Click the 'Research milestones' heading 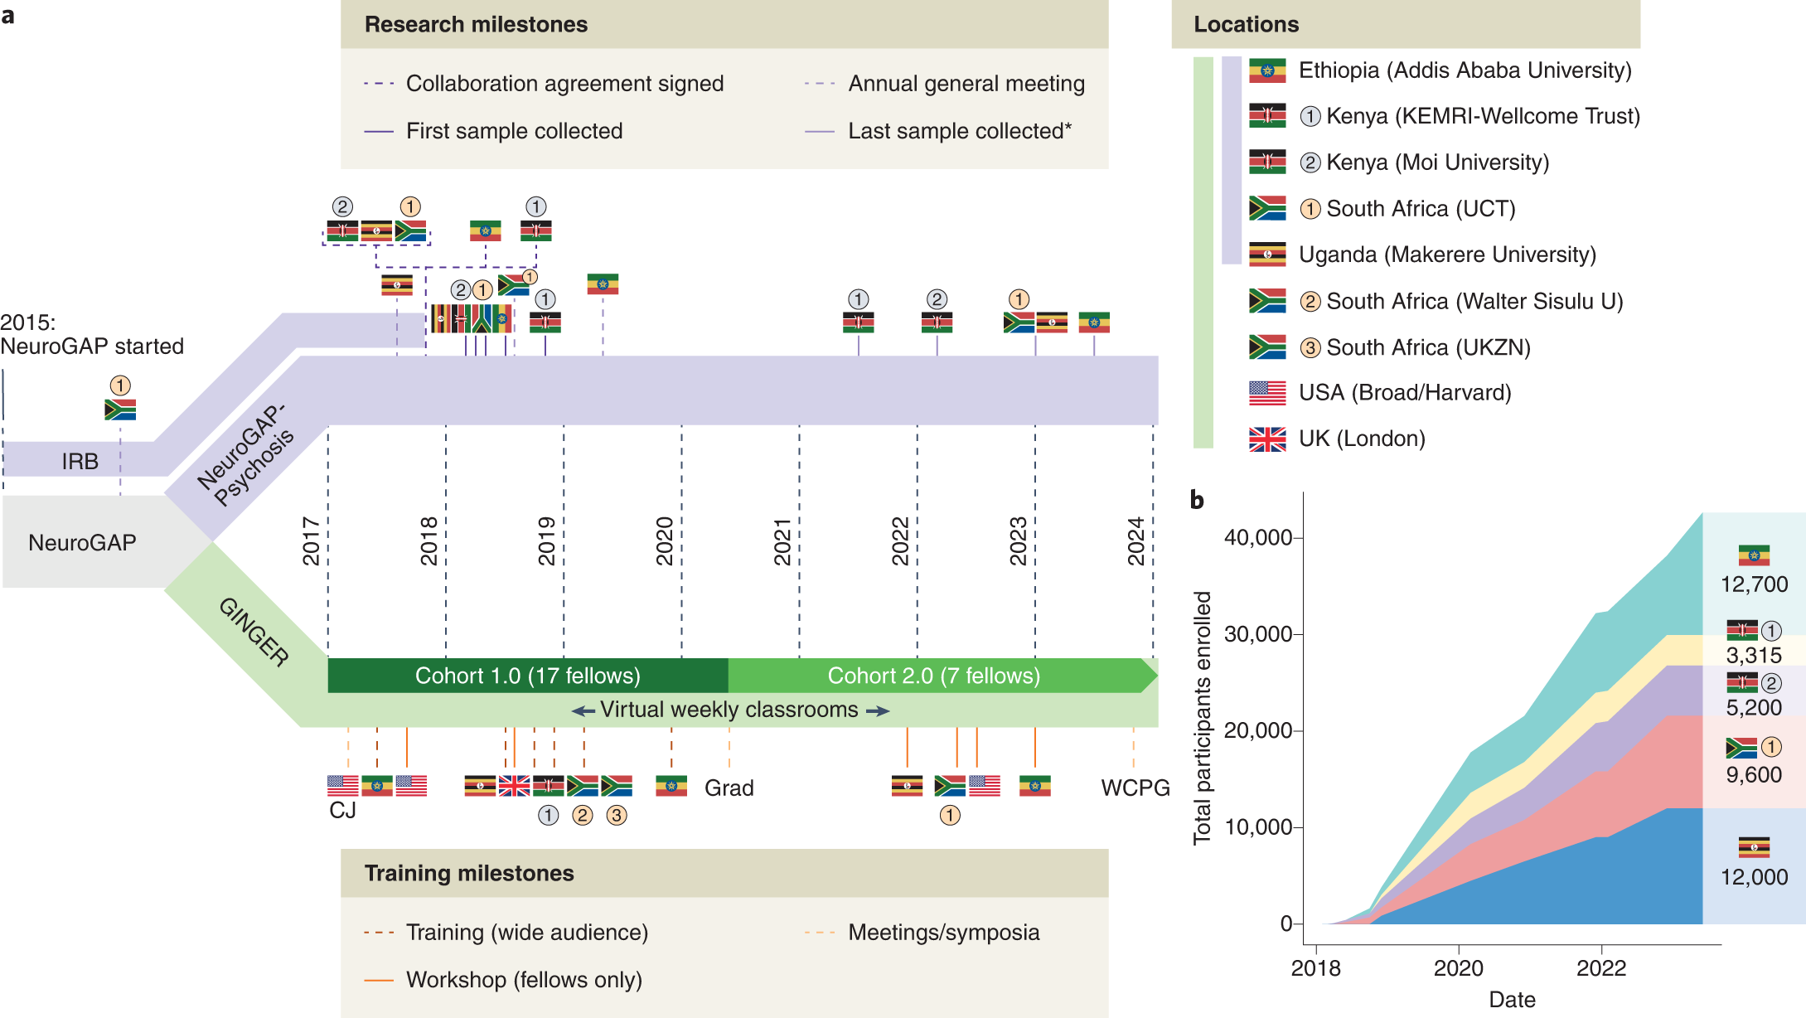tap(476, 24)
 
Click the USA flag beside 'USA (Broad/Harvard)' tap(1267, 393)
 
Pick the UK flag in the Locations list tap(1267, 439)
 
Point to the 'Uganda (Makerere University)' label tap(1447, 254)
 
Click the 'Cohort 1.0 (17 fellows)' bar tap(528, 676)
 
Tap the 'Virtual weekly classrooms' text tap(729, 710)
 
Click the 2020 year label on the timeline tap(665, 541)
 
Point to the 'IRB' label tap(80, 461)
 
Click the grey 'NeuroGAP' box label tap(82, 543)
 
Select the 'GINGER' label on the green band tap(254, 633)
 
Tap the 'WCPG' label tap(1135, 788)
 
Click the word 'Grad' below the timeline tap(729, 788)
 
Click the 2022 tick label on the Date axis tap(1601, 968)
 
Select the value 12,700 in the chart tap(1754, 584)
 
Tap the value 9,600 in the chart tap(1754, 775)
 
